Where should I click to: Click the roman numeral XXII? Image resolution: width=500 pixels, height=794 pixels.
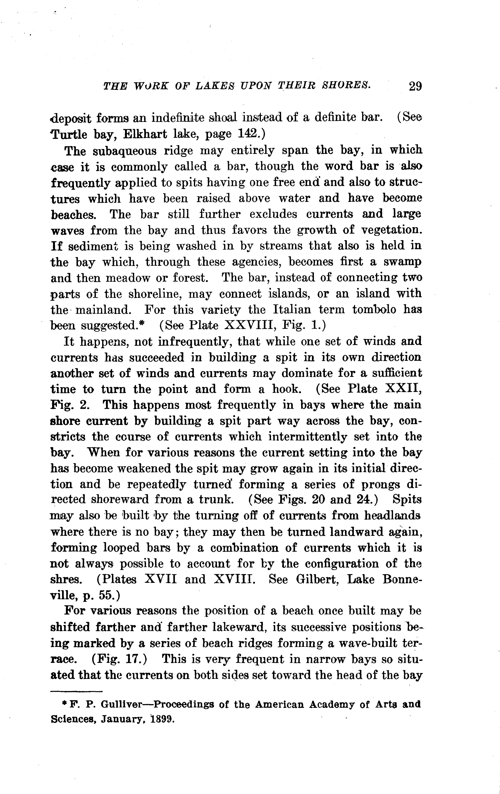403,389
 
